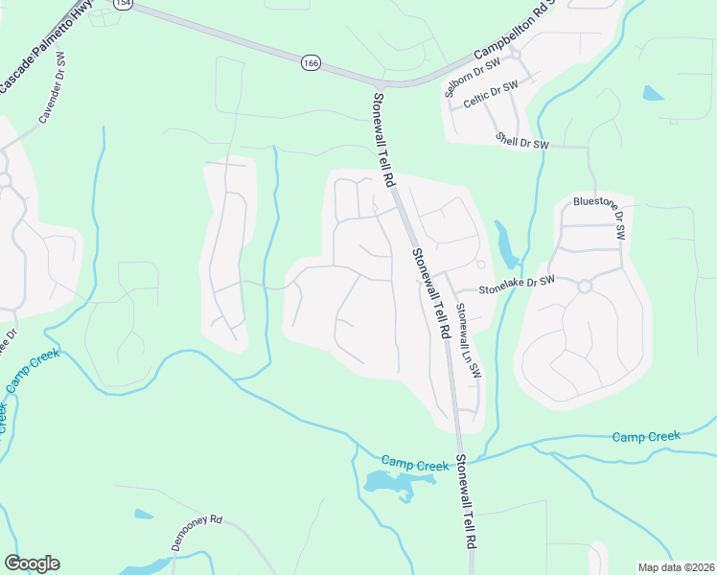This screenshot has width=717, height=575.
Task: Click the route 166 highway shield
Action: [310, 62]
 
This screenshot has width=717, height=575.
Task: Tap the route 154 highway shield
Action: [122, 4]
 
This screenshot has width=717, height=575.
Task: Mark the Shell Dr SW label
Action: [521, 142]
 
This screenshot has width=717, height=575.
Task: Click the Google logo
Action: [32, 563]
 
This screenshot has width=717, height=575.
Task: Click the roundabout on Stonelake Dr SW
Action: [584, 285]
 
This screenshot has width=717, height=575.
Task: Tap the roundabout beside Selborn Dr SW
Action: [515, 55]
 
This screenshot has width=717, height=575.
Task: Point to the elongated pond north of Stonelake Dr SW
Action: [505, 244]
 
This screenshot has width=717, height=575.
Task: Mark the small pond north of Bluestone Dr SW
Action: [653, 94]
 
